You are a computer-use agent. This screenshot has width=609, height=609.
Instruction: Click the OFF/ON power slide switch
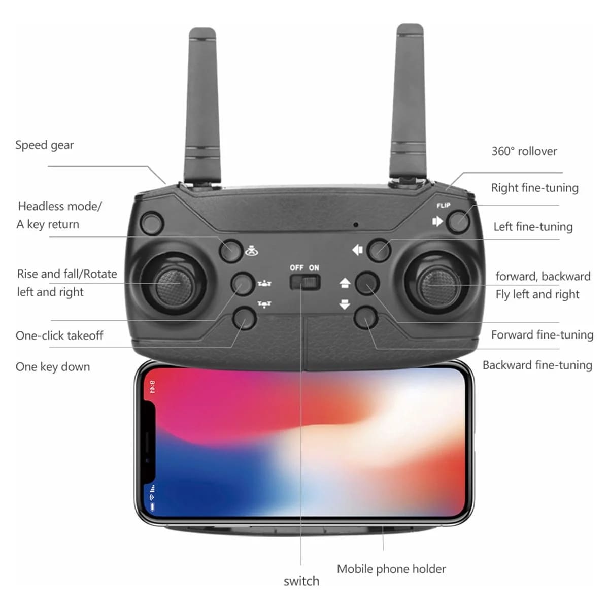tap(305, 282)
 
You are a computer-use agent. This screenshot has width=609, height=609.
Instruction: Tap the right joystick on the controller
tap(438, 286)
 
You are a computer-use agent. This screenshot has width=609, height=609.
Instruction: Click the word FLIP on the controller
tap(444, 206)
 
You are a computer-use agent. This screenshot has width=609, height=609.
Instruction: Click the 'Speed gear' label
tap(44, 145)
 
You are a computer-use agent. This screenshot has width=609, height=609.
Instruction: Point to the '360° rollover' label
tap(524, 151)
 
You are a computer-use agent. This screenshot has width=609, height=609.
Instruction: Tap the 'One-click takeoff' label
tap(59, 335)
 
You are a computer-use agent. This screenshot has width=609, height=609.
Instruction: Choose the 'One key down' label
tap(53, 367)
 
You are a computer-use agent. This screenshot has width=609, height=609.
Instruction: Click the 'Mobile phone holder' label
tap(391, 569)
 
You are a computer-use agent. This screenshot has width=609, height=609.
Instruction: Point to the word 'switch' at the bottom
tap(301, 581)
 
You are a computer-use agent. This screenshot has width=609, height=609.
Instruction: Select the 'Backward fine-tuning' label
tap(537, 365)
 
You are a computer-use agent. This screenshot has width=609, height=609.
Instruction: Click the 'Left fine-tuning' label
tap(533, 227)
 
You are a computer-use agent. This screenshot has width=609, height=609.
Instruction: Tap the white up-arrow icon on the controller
tap(345, 283)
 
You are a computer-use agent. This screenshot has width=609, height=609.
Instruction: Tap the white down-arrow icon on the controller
tap(345, 304)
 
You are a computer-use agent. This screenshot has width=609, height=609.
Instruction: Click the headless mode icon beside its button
tap(252, 251)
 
